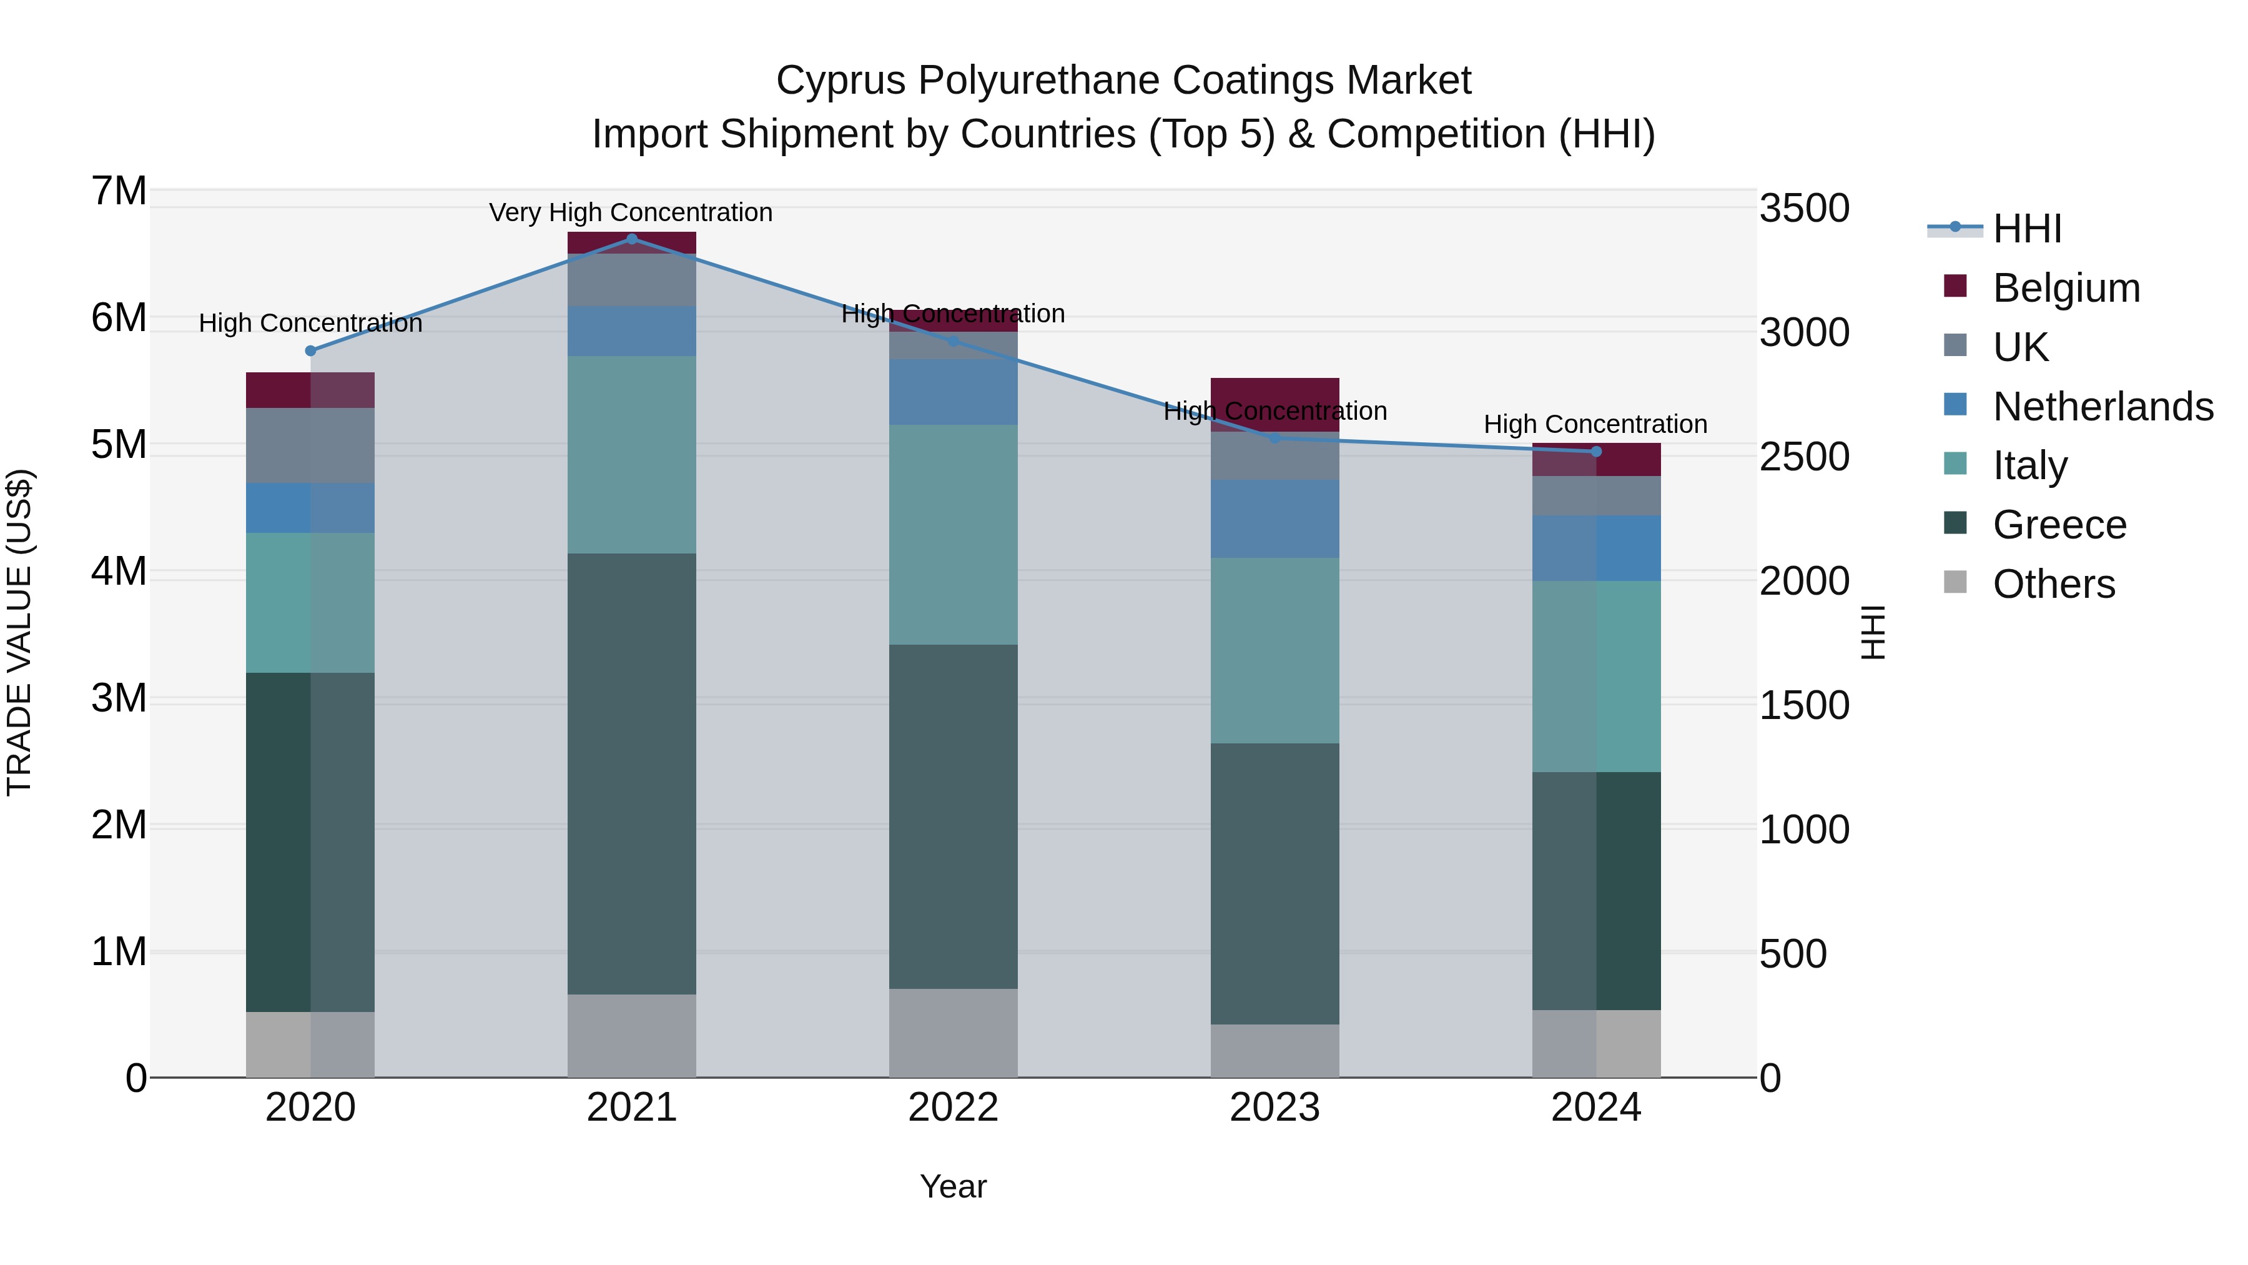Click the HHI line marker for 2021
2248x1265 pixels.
point(632,239)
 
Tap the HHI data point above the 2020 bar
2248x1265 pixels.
point(311,351)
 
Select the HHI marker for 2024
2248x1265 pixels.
point(1596,452)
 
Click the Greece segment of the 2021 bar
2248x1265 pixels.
point(632,773)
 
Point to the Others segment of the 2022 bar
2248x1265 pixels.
point(953,1033)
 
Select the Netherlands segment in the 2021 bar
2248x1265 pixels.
point(632,331)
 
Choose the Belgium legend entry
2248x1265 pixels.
point(2066,288)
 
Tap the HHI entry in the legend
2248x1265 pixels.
point(2026,229)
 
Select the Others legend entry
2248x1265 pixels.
point(2053,584)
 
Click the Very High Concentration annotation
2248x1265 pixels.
point(630,212)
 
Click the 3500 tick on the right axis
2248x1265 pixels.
point(1803,209)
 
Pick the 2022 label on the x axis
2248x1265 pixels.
point(953,1108)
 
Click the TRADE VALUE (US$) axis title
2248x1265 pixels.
point(20,632)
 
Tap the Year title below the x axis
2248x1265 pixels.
point(953,1186)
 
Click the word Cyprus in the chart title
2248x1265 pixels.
point(841,81)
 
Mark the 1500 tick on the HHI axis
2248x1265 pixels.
point(1803,705)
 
